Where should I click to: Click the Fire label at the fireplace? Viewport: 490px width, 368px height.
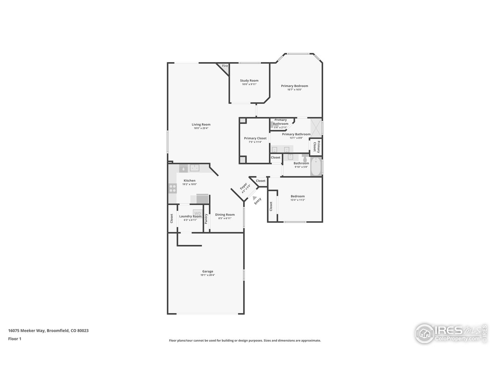tap(225, 66)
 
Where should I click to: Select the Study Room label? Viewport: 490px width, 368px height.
tap(249, 80)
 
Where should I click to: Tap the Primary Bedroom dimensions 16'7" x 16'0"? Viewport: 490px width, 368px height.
tap(294, 90)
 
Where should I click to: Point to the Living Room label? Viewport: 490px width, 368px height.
tap(201, 124)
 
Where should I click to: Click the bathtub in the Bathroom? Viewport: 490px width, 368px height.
tap(316, 167)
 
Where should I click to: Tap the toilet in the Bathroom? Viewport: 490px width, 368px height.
tap(305, 158)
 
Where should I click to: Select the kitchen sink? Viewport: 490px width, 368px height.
tap(195, 168)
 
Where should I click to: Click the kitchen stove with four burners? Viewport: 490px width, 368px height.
tap(172, 188)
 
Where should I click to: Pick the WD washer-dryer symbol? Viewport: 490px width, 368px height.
tap(198, 213)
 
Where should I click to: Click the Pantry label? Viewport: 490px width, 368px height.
tap(206, 219)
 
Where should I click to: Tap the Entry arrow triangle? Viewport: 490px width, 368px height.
tap(255, 197)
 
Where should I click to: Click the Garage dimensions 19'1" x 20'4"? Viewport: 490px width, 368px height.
tap(207, 275)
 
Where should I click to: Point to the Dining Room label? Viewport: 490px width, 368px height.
tap(225, 215)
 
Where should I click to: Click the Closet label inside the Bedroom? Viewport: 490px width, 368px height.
tap(271, 207)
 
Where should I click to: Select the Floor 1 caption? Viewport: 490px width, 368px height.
tap(15, 338)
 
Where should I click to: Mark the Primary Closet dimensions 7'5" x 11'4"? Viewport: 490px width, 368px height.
tap(255, 142)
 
